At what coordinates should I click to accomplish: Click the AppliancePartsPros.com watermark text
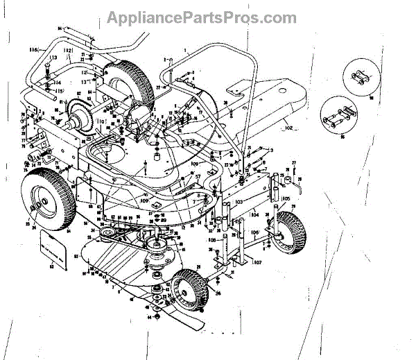coord(208,18)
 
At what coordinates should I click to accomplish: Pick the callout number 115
coord(60,91)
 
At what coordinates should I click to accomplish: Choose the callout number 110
coord(101,123)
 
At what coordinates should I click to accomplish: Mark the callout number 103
coord(239,201)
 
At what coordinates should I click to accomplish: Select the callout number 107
coord(257,262)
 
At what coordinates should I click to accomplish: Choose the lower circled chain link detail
coord(342,116)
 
